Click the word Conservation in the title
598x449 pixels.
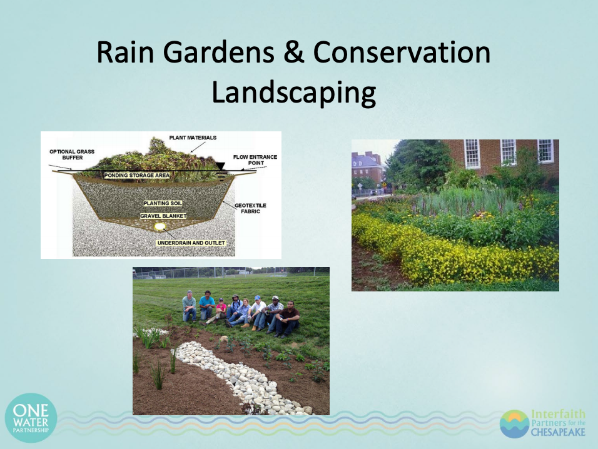coord(402,52)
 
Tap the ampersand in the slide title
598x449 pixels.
coord(293,52)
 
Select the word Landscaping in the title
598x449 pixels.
coord(293,93)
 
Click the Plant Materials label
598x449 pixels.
coord(193,138)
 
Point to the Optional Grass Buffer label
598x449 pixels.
coord(72,154)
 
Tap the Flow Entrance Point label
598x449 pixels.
coord(255,159)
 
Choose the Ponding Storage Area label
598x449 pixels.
coord(137,175)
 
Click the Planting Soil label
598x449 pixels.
coord(163,203)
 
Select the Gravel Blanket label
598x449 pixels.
coord(163,216)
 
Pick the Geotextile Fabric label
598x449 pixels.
coord(250,208)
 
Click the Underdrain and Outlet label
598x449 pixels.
coord(191,243)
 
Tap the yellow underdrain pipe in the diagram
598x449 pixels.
coord(160,227)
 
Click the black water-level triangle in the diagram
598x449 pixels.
coord(220,166)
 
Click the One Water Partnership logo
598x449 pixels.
coord(31,418)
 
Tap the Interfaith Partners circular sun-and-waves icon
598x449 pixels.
coord(515,424)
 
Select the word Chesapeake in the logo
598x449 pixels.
coord(558,432)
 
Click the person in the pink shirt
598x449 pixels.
coord(220,310)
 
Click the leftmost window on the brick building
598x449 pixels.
coord(472,154)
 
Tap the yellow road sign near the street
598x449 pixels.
coord(384,185)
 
